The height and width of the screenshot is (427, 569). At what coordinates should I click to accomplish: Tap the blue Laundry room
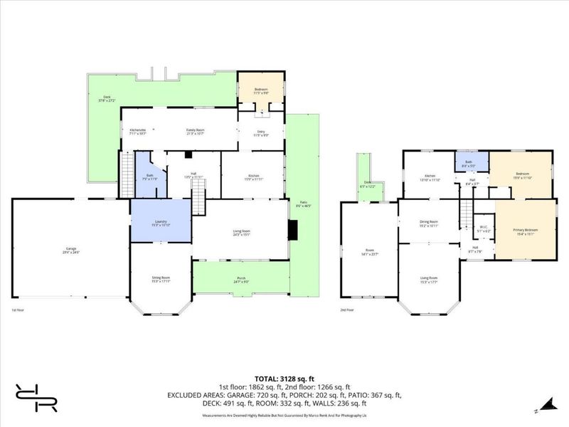(x=160, y=222)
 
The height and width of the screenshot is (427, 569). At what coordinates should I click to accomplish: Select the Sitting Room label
(x=160, y=278)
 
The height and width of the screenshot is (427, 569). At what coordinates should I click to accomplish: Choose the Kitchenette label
(x=137, y=132)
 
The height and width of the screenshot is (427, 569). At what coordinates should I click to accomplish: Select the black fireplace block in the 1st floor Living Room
(x=292, y=229)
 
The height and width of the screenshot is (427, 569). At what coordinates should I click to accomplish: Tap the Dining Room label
(x=428, y=222)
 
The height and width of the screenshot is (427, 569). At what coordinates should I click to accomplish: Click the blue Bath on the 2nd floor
(x=472, y=163)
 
